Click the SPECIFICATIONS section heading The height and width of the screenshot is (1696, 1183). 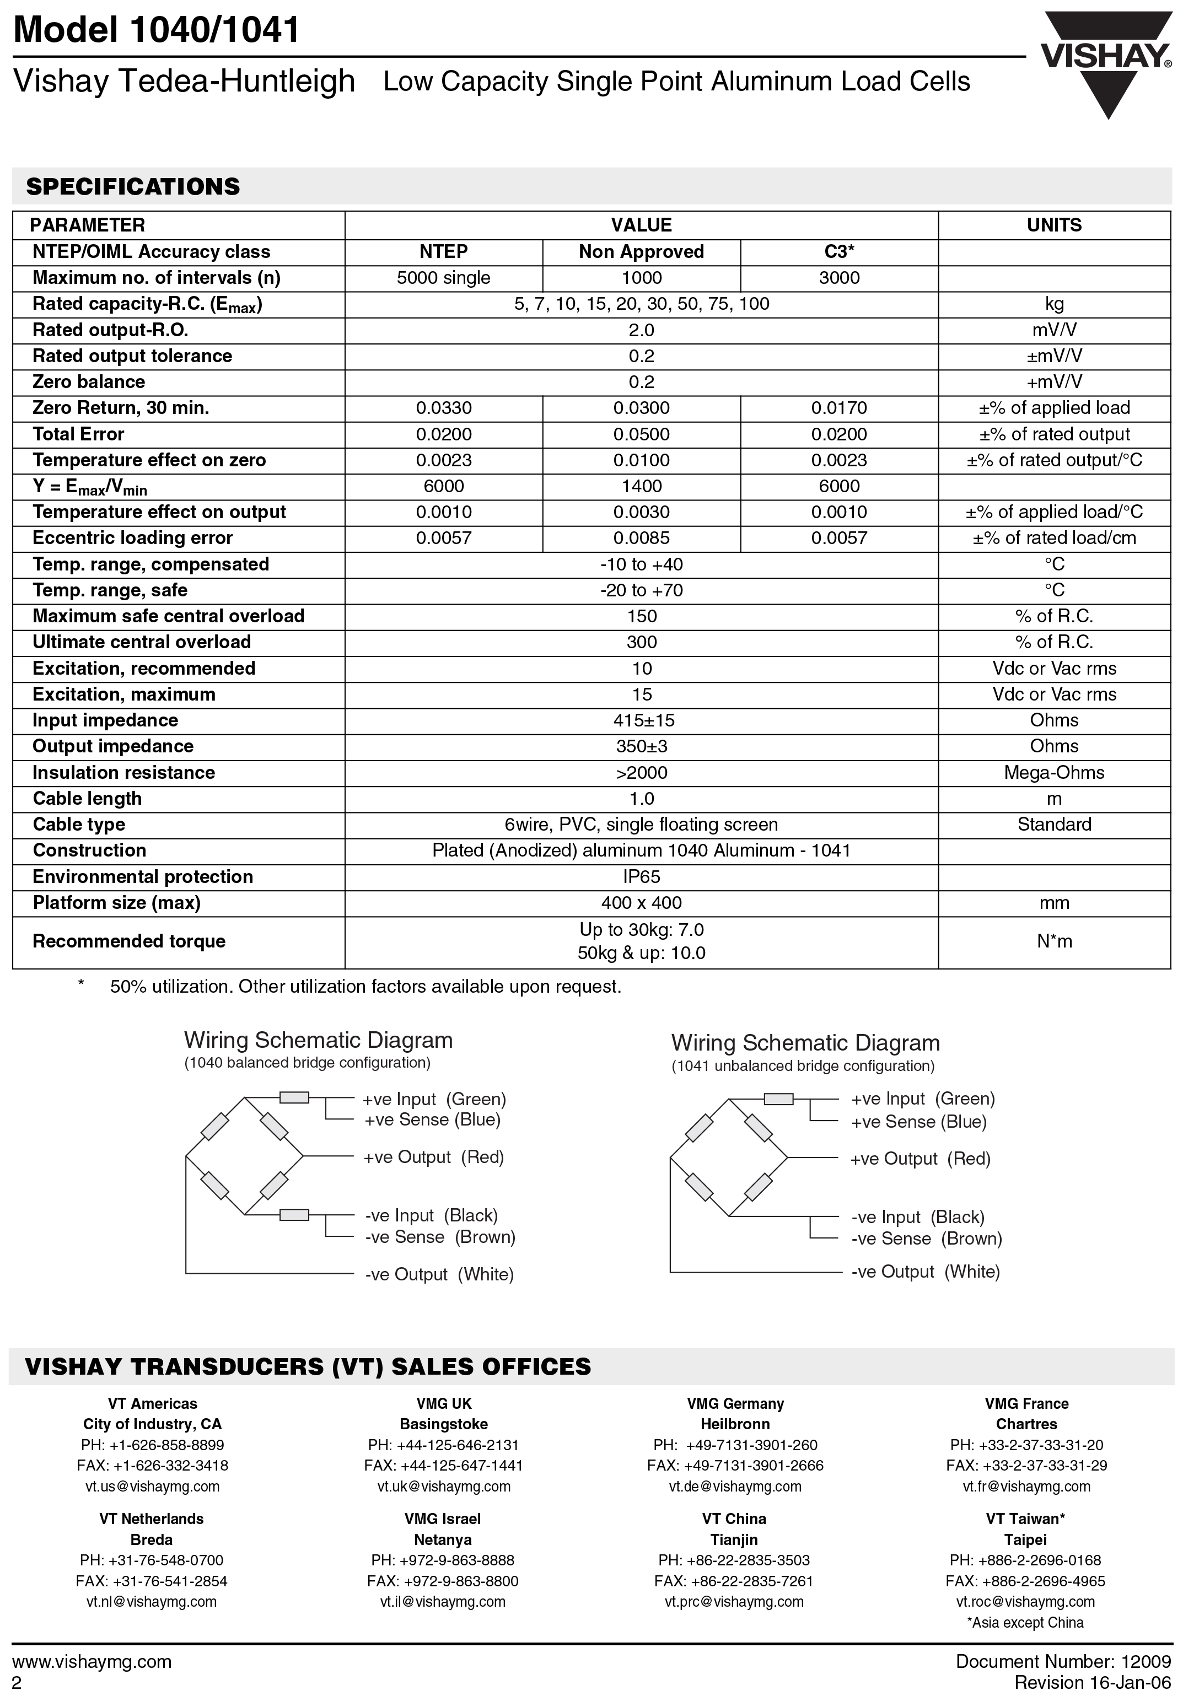tap(133, 186)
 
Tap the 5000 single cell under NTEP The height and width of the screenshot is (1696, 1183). tap(443, 278)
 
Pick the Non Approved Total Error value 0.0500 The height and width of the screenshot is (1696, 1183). tap(641, 434)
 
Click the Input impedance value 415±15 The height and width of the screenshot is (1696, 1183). tap(641, 720)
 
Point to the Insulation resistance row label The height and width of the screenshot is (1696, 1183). tap(123, 773)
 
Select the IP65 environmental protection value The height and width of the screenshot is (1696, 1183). tap(641, 877)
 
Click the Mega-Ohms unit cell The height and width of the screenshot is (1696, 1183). tap(1053, 773)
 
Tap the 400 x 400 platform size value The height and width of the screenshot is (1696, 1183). tap(641, 903)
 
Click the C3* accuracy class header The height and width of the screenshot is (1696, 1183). tap(840, 252)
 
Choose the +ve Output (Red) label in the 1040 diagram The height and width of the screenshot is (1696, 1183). tap(433, 1157)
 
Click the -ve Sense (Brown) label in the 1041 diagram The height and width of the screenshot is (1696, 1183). tap(927, 1239)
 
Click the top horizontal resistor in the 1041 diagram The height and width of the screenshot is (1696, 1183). tap(778, 1099)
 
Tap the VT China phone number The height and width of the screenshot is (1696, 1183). tap(734, 1560)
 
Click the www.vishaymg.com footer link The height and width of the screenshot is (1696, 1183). tap(93, 1661)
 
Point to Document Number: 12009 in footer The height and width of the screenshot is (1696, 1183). tap(1063, 1661)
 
